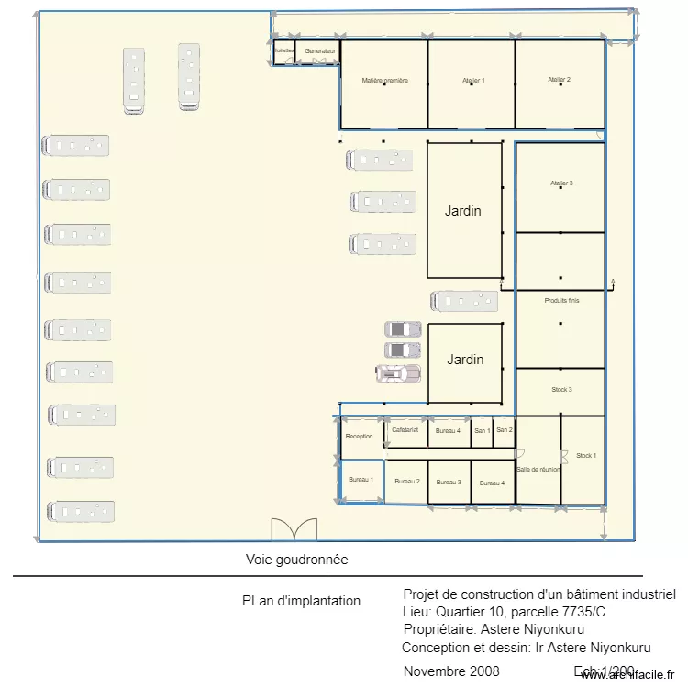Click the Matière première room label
[x=384, y=81]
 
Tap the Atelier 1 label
[x=473, y=81]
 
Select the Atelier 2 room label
[x=560, y=80]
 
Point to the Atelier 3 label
[x=561, y=183]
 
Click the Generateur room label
[x=320, y=50]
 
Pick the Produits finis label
[x=561, y=301]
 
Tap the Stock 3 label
[x=561, y=390]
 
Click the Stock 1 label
[x=586, y=455]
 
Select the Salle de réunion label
[x=538, y=469]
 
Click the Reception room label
[x=359, y=437]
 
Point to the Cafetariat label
[x=405, y=429]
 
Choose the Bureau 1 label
[x=361, y=480]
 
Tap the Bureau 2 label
[x=406, y=482]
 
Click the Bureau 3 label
[x=449, y=482]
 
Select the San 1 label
[x=482, y=429]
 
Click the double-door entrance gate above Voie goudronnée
[x=284, y=530]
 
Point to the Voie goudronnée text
[x=296, y=559]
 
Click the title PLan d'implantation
[x=301, y=601]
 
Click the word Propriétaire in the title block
[x=438, y=629]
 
